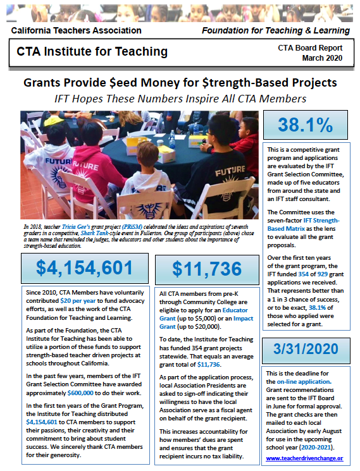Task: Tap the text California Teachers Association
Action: (x=66, y=30)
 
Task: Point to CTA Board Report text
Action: (x=310, y=47)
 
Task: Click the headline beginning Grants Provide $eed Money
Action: (x=180, y=83)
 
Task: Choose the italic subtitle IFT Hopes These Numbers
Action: (x=180, y=99)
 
